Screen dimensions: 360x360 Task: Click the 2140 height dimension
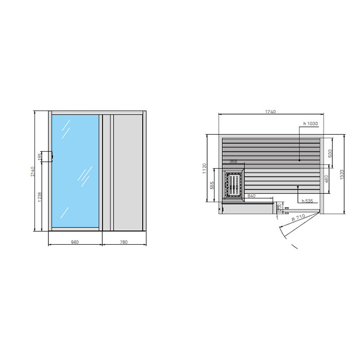32,171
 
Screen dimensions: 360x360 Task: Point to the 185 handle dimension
40,156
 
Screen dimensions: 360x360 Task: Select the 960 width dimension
75,242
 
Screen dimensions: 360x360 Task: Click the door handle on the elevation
50,156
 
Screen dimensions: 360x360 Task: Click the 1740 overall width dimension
271,112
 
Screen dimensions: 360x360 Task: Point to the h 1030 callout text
311,123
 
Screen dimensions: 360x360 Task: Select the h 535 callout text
308,201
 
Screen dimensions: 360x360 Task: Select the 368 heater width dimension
233,161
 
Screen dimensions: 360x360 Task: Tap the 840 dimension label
251,196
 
